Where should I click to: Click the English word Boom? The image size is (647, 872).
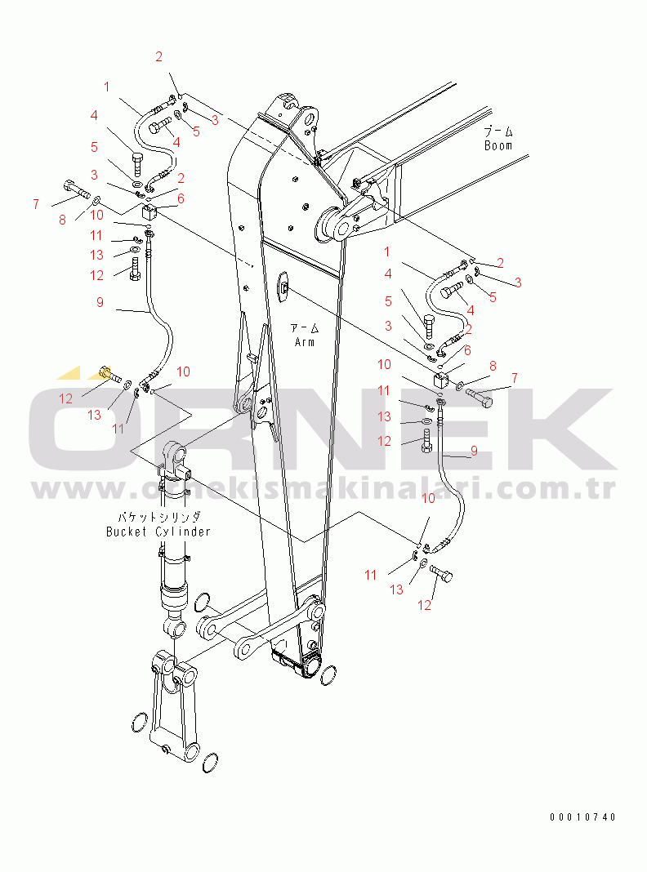(498, 145)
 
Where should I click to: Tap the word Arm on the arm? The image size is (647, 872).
(305, 342)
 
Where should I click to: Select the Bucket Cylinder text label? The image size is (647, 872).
(158, 532)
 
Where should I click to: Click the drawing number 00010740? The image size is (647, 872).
(583, 817)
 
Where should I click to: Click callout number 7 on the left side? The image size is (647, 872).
(36, 204)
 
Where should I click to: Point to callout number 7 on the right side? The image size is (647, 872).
(515, 378)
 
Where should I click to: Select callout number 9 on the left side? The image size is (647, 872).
(100, 302)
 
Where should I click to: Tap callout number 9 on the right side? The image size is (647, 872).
(474, 451)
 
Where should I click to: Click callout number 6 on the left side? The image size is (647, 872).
(181, 198)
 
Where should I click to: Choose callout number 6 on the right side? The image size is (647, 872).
(467, 350)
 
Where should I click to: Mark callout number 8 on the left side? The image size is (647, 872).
(62, 220)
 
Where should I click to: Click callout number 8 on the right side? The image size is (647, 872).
(493, 366)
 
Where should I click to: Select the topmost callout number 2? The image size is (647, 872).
(158, 56)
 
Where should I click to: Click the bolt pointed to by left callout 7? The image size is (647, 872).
(78, 189)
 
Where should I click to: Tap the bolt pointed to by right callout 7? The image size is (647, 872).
(480, 397)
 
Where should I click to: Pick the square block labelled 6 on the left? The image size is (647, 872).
(149, 212)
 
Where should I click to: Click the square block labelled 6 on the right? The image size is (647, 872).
(440, 381)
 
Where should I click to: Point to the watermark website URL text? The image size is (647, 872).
(323, 488)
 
